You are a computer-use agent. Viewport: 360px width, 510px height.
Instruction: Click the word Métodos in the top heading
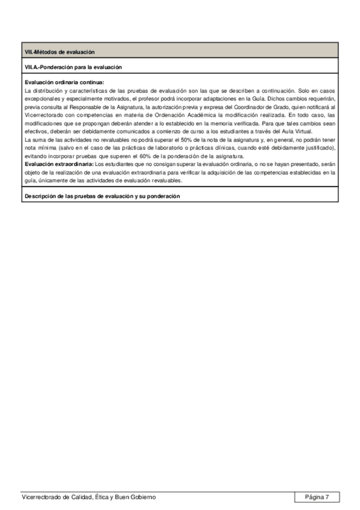(x=46, y=52)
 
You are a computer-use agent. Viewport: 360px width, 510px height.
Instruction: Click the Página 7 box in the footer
(x=317, y=497)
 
